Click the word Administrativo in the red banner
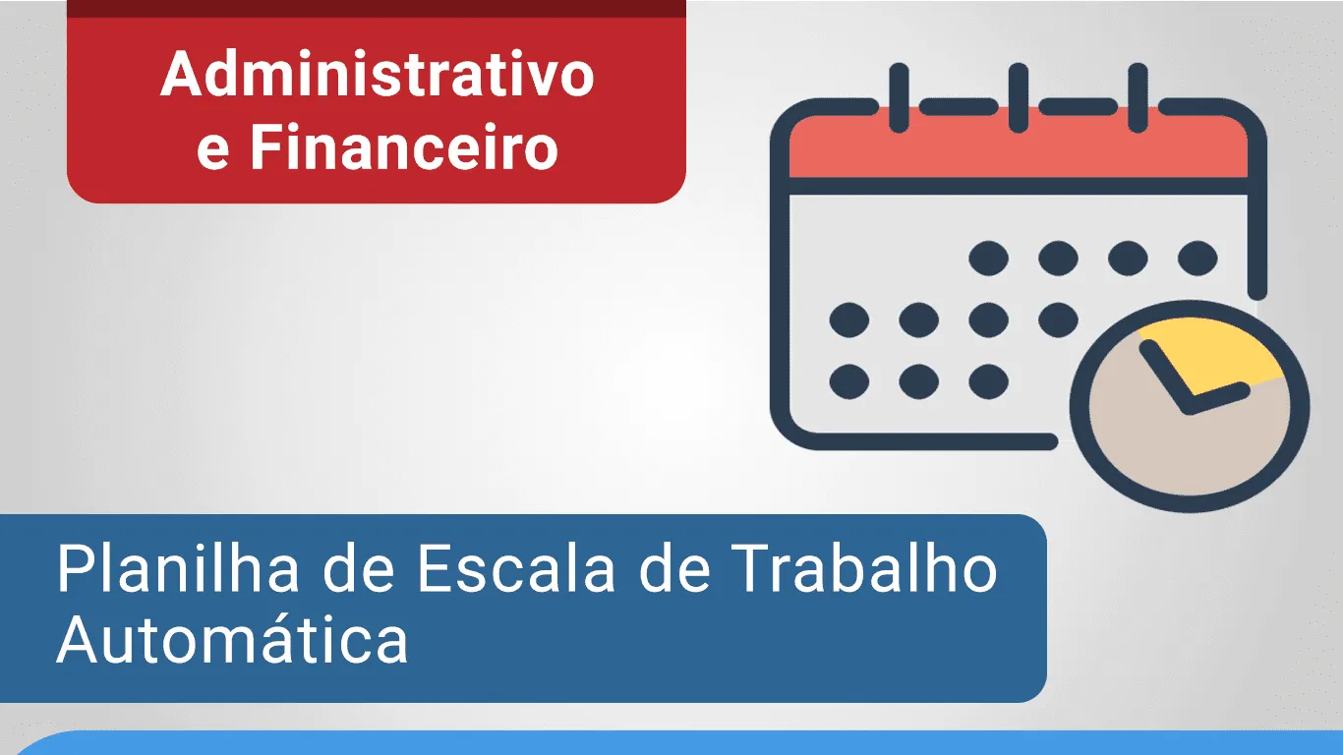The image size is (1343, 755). (x=378, y=74)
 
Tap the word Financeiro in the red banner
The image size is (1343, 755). (x=404, y=146)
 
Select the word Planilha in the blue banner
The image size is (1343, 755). (x=178, y=568)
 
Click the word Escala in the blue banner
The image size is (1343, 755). (x=516, y=568)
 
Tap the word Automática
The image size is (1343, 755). (x=233, y=639)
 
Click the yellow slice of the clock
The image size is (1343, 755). (x=1217, y=354)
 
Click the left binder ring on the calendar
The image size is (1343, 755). (x=899, y=97)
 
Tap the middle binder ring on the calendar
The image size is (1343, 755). (x=1018, y=97)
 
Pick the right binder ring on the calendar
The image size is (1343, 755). (x=1138, y=97)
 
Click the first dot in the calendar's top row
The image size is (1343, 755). (x=989, y=259)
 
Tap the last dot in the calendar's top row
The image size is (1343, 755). (x=1197, y=259)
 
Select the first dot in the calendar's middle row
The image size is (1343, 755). (x=849, y=319)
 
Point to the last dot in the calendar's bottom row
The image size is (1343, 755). (x=989, y=381)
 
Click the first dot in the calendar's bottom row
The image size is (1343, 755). (x=849, y=381)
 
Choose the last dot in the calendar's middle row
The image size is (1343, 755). (x=1058, y=319)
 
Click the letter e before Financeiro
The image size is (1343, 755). (x=212, y=153)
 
